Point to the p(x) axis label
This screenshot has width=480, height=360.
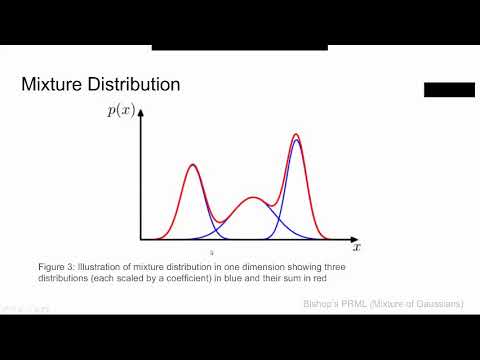pyautogui.click(x=121, y=111)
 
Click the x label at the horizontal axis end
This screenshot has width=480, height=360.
pyautogui.click(x=357, y=245)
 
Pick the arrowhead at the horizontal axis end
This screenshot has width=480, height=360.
pyautogui.click(x=349, y=240)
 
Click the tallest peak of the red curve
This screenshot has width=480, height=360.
pyautogui.click(x=296, y=134)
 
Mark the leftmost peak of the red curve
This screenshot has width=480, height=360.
pyautogui.click(x=192, y=165)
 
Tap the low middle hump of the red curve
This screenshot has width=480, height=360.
pyautogui.click(x=254, y=198)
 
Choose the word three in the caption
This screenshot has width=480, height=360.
pyautogui.click(x=341, y=266)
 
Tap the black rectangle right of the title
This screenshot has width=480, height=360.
pyautogui.click(x=449, y=90)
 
